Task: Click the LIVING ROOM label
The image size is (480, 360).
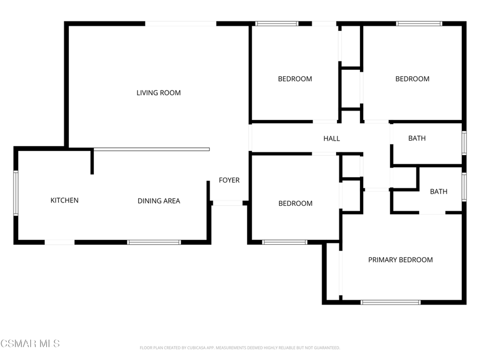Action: click(x=158, y=93)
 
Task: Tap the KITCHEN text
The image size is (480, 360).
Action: click(x=65, y=201)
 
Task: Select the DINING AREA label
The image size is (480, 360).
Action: click(x=159, y=201)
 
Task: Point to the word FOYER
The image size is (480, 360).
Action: click(x=229, y=180)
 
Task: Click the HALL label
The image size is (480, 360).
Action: click(x=332, y=139)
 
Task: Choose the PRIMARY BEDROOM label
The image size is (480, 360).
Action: click(x=401, y=260)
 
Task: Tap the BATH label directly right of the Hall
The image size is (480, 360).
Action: click(x=417, y=138)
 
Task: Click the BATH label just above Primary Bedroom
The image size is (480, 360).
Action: click(x=438, y=191)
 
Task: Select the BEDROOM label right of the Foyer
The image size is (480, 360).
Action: click(x=295, y=204)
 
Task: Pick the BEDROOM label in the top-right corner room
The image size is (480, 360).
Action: click(x=412, y=79)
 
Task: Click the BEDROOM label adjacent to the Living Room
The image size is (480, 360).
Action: click(x=295, y=79)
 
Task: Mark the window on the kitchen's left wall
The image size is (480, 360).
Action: click(x=16, y=193)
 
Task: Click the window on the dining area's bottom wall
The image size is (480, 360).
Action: click(x=154, y=242)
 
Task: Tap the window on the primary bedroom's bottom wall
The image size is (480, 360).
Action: click(x=391, y=302)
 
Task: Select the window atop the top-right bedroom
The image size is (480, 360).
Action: click(x=419, y=23)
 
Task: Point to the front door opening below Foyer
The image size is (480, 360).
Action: click(x=228, y=203)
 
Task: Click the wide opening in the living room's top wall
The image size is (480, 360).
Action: click(x=181, y=23)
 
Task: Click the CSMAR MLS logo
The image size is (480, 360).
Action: click(x=30, y=343)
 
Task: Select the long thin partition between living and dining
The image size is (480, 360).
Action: click(x=151, y=149)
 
